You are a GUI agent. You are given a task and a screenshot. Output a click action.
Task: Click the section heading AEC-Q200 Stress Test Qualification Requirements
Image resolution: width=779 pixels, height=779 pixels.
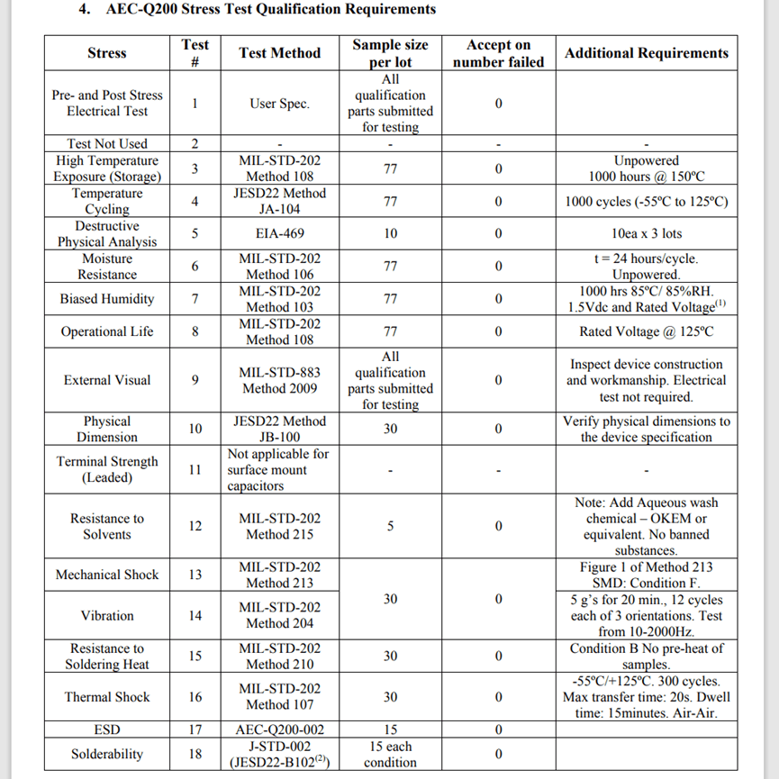(270, 10)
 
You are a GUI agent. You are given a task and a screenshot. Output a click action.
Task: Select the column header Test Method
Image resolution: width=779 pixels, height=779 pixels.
(279, 53)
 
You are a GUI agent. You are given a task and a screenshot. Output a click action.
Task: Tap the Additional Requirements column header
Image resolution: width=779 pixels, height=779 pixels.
(646, 53)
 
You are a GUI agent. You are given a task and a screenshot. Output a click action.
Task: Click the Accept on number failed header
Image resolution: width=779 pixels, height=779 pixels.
(498, 53)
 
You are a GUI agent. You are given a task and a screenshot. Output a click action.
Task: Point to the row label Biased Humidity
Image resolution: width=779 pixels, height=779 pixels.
(107, 299)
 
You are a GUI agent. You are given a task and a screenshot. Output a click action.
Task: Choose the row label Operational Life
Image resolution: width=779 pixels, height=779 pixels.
(107, 331)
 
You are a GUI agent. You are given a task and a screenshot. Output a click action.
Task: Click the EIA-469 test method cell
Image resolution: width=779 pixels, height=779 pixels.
(279, 234)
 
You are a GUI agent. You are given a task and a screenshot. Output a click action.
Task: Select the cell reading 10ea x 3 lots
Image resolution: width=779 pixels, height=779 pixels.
(646, 234)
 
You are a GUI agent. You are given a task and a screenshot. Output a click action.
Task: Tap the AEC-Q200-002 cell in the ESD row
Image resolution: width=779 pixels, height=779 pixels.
(279, 729)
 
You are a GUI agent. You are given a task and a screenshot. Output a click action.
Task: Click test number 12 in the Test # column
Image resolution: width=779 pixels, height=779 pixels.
(195, 526)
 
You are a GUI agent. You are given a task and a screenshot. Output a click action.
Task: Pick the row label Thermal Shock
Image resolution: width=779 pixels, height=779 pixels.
(107, 697)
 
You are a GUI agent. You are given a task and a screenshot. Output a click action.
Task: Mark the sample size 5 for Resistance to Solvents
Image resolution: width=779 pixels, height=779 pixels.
(390, 526)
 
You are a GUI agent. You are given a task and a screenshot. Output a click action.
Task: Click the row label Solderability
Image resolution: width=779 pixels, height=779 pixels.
(107, 754)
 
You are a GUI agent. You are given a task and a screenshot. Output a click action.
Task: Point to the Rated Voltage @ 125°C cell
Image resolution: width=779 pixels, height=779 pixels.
(646, 331)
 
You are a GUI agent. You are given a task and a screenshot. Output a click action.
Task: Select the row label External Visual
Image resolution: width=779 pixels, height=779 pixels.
(107, 380)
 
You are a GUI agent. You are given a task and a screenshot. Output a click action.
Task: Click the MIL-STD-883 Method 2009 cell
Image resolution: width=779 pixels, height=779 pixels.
(279, 380)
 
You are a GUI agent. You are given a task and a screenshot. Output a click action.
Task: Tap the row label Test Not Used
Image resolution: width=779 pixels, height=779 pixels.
(107, 144)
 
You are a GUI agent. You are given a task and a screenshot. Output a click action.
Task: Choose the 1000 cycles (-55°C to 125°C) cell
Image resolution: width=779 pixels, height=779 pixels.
(646, 202)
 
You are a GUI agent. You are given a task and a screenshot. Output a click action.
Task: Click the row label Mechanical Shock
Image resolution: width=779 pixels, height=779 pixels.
(107, 575)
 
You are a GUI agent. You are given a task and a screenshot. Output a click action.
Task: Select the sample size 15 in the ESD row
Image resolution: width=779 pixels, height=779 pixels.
(390, 729)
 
